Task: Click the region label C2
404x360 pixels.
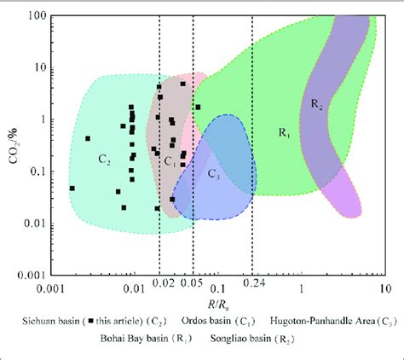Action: point(106,159)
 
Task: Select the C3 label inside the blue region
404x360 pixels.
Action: point(214,174)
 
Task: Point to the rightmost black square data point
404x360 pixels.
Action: point(198,107)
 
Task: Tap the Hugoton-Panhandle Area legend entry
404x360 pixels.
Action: point(319,321)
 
